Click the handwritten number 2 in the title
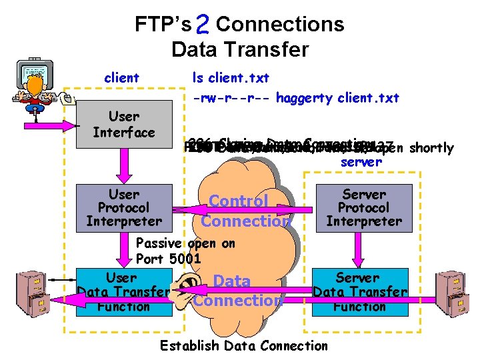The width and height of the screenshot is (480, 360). pos(205,25)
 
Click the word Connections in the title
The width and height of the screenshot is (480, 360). pos(280,25)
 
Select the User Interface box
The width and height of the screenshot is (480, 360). pos(124,125)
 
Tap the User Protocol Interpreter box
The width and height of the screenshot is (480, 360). pos(124,207)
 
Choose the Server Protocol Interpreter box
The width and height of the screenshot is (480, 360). pos(364,207)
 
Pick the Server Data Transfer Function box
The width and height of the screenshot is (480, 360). pos(360,291)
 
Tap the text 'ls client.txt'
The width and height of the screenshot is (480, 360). pos(231,78)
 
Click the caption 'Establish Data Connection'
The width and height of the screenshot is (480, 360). pos(244,345)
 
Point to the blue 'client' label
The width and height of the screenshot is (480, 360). pos(121,78)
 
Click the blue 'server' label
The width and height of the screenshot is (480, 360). pos(361,161)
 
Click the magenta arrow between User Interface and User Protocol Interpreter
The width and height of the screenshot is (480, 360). pos(124,165)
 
